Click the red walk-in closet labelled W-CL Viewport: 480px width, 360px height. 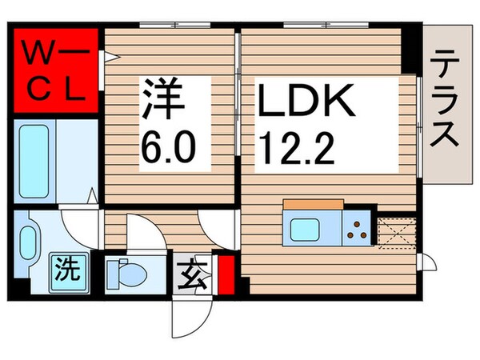pos(54,73)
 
